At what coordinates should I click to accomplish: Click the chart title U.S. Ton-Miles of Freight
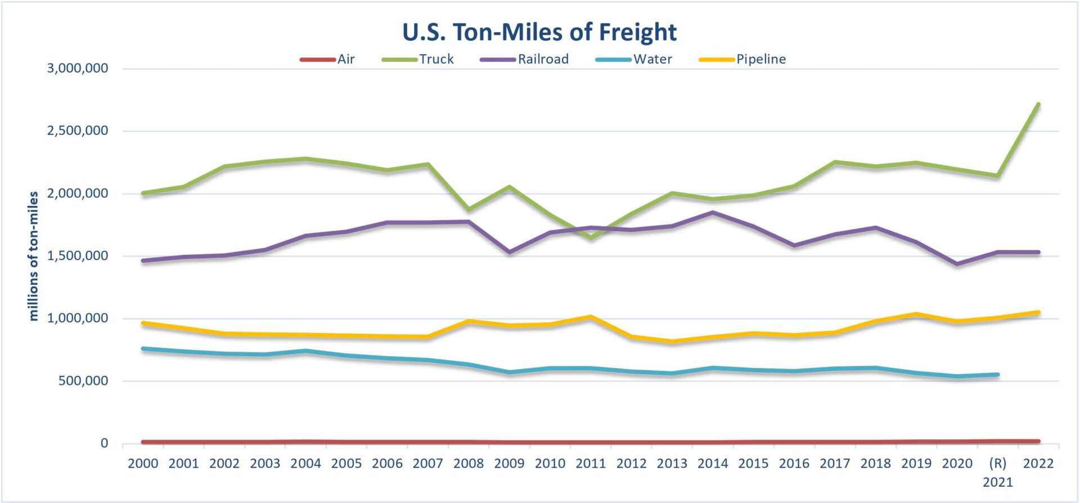[539, 32]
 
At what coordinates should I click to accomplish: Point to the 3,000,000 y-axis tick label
[78, 69]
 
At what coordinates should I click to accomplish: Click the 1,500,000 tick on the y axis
[78, 256]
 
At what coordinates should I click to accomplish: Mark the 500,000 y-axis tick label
[83, 381]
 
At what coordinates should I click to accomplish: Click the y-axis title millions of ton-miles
[34, 256]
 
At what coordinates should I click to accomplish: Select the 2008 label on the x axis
[468, 464]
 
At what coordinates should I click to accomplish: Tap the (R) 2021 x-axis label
[997, 472]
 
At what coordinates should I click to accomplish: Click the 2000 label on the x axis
[143, 464]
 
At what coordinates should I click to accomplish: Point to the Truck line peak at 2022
[1038, 105]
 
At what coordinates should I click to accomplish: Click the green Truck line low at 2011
[591, 237]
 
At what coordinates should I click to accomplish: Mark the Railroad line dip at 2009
[509, 252]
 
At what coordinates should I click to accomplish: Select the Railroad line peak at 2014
[713, 213]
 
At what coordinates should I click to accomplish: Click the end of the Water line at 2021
[997, 375]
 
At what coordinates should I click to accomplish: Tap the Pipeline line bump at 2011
[591, 317]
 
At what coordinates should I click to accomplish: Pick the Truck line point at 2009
[509, 187]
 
